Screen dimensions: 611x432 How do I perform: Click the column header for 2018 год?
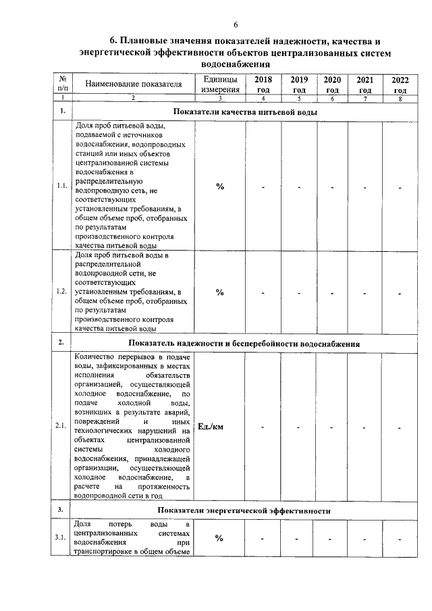(263, 84)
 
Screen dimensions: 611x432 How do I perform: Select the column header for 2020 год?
(332, 84)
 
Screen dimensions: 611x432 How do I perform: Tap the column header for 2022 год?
(400, 84)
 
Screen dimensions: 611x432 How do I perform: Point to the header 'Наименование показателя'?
(133, 84)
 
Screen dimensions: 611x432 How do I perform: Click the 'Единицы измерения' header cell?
(219, 84)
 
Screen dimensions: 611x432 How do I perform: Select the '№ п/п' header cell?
(62, 84)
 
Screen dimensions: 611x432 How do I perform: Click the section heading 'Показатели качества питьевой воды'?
(244, 111)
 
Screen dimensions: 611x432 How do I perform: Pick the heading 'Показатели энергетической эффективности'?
(244, 510)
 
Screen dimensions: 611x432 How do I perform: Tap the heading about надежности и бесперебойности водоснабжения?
(244, 344)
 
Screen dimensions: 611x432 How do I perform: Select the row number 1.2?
(61, 292)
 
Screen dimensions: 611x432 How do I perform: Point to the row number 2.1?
(61, 427)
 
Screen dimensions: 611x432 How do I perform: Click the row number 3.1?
(61, 537)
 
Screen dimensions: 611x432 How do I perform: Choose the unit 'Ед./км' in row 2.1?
(212, 427)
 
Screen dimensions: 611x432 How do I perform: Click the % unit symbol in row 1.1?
(219, 187)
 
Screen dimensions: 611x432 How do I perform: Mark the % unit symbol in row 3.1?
(219, 538)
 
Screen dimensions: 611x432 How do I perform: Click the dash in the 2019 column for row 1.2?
(298, 292)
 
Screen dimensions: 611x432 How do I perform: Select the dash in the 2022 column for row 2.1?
(400, 427)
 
